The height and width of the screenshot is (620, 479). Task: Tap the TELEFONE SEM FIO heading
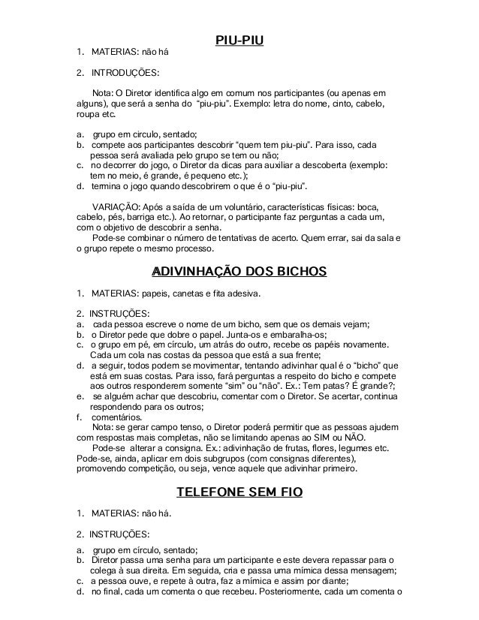click(x=239, y=492)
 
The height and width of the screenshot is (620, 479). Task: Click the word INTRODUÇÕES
click(x=124, y=74)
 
